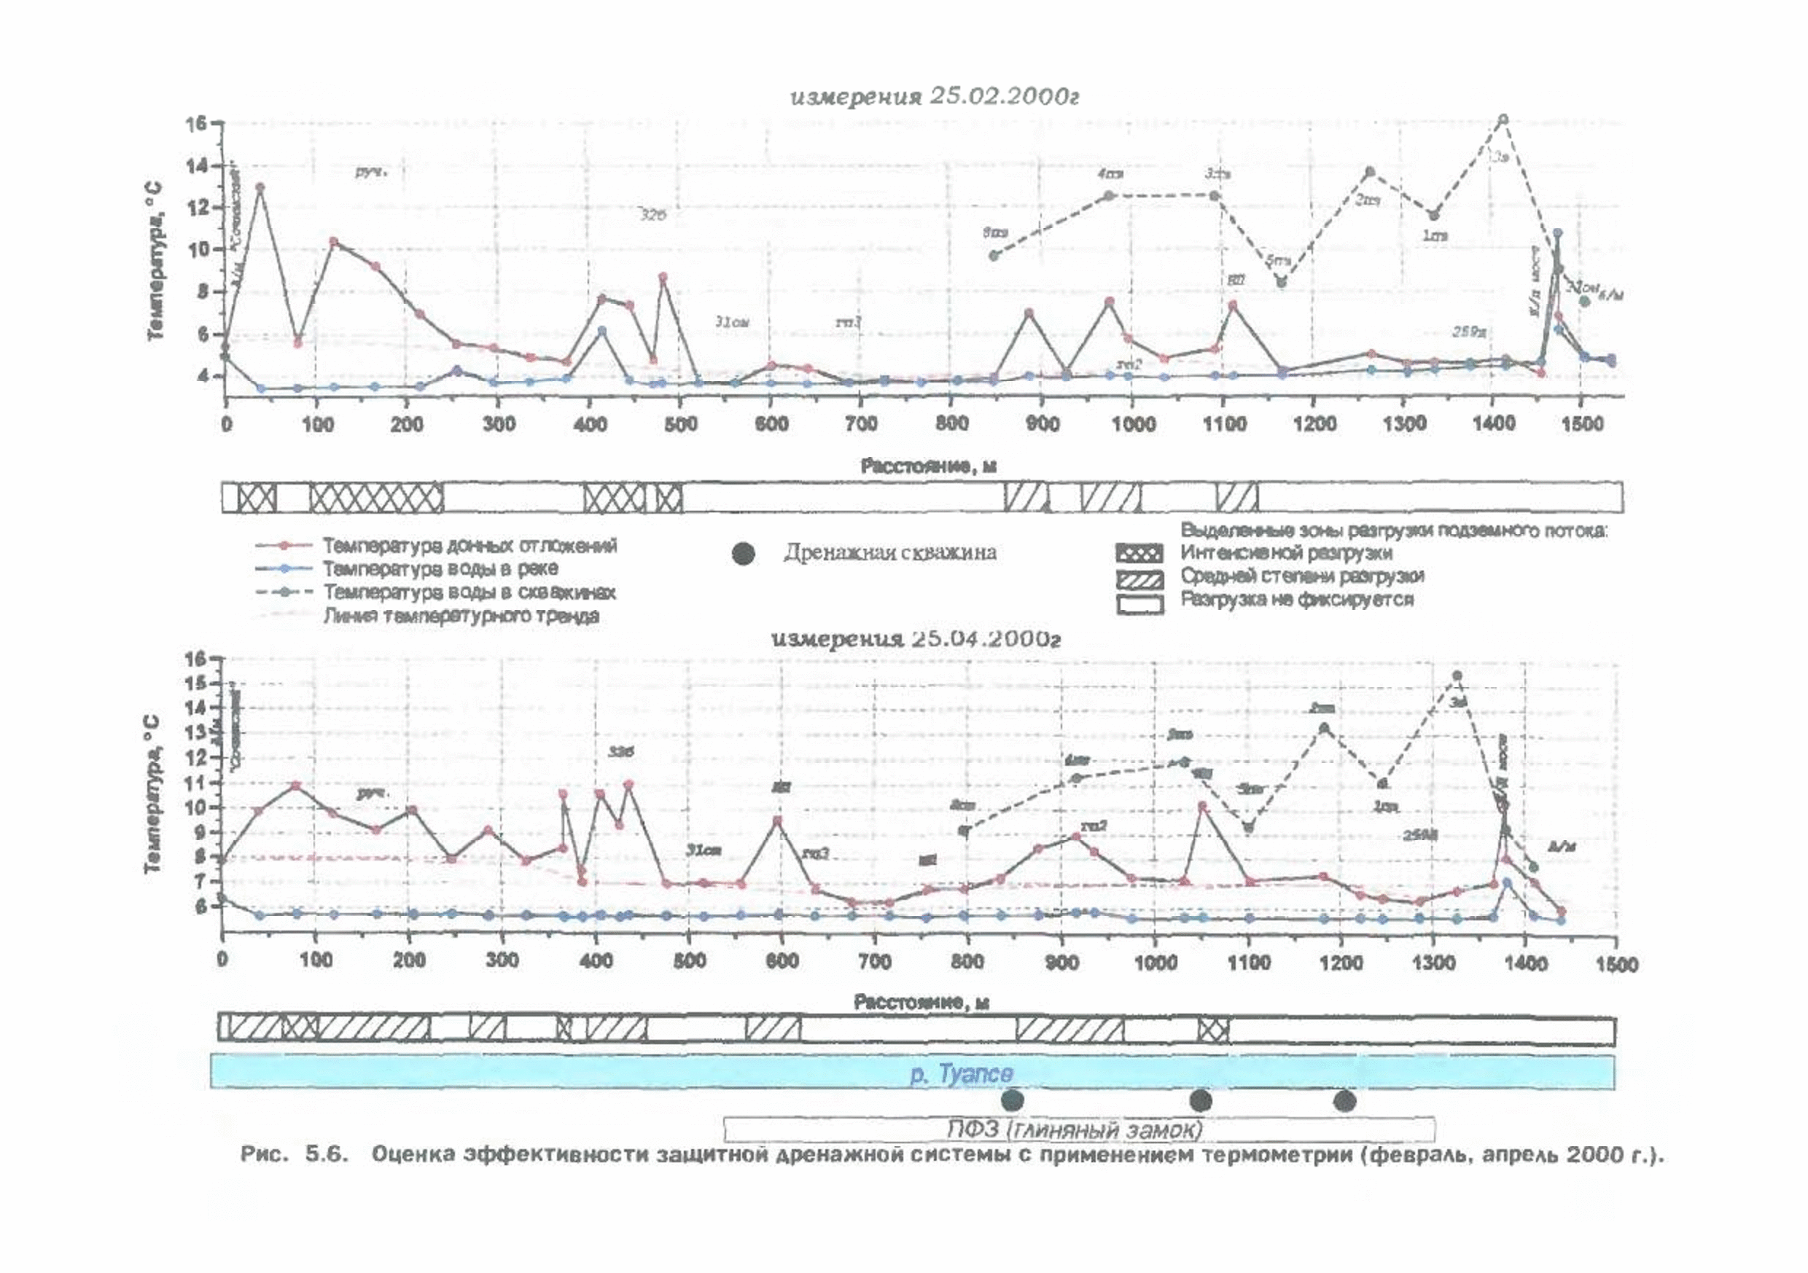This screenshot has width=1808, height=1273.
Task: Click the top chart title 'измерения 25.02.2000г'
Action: tap(934, 96)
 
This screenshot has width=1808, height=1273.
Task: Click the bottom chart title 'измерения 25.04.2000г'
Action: tap(916, 638)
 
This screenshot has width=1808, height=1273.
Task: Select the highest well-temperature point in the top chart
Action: tap(1503, 119)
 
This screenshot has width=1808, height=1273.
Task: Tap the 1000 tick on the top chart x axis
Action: tap(1133, 424)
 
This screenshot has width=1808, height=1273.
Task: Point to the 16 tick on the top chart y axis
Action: tap(195, 124)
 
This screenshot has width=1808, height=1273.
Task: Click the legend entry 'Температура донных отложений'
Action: tap(469, 545)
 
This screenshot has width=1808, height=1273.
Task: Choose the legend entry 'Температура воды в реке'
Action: tap(440, 568)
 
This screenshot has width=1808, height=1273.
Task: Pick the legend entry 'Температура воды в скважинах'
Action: tap(469, 592)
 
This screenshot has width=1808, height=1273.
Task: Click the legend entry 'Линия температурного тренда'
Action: tap(461, 616)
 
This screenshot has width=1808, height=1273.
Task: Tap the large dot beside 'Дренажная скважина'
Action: tap(744, 554)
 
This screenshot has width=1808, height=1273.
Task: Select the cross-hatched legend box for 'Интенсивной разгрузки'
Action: tap(1139, 554)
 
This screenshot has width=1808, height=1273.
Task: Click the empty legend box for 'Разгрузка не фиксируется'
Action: tap(1139, 604)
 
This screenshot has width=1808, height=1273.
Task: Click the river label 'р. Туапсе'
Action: tap(961, 1073)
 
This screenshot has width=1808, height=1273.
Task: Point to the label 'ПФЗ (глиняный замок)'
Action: tap(1075, 1129)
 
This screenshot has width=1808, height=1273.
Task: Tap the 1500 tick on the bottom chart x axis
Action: tap(1616, 963)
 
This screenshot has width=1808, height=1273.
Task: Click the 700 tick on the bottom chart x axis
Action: tap(874, 961)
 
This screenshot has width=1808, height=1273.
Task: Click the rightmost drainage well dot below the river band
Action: tap(1344, 1100)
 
